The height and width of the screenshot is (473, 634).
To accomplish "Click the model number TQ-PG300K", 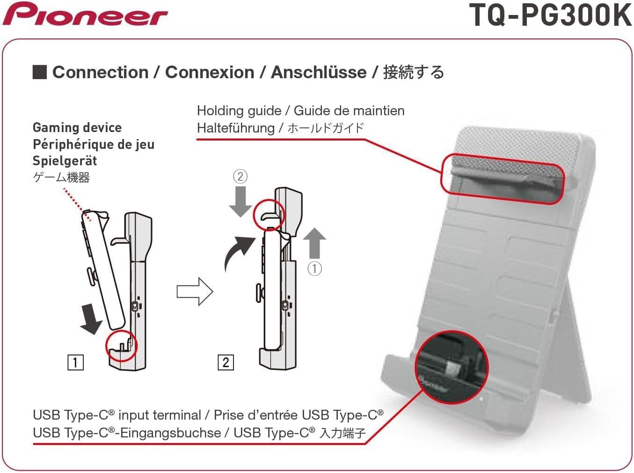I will coord(551,15).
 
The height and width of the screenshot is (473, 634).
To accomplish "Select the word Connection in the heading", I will coord(100,72).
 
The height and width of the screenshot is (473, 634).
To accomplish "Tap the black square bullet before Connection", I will coord(39,72).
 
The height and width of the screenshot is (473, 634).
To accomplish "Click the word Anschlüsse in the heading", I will coord(319,72).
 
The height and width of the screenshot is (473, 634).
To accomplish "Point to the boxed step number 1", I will coord(75,362).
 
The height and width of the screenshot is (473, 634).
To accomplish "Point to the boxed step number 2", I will coord(226,362).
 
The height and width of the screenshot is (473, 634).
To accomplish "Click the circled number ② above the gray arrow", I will coord(240,177).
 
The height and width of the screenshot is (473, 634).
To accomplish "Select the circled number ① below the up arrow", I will coord(314,268).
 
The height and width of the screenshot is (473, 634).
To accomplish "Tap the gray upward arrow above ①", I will coord(314,243).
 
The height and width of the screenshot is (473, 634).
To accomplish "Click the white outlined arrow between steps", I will coord(195,292).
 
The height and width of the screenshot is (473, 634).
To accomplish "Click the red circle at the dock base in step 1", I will coord(122,347).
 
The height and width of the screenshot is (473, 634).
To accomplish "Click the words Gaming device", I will coord(77,127).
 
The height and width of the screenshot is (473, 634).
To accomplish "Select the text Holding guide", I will coord(239,111).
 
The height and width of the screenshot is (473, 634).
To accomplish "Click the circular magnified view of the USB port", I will coord(452,366).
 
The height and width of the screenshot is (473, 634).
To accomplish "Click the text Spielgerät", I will coord(65,161).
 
